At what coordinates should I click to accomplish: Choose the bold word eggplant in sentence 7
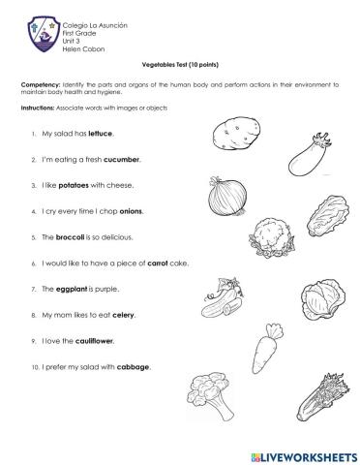pos(71,289)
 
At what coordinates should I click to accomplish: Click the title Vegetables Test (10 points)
pos(179,62)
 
